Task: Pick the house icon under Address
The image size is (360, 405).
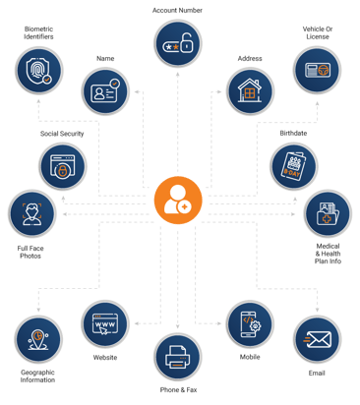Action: click(x=250, y=91)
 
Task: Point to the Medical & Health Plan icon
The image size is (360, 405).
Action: click(x=327, y=213)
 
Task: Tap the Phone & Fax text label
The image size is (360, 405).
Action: click(x=178, y=391)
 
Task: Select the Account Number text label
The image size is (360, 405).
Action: click(x=178, y=9)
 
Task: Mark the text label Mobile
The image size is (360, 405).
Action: click(x=249, y=357)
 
